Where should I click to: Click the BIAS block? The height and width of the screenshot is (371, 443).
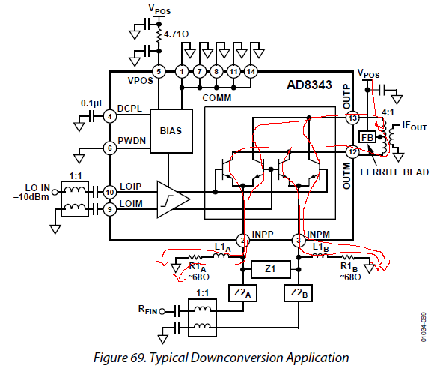(x=171, y=131)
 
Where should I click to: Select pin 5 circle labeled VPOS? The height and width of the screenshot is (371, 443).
(x=159, y=72)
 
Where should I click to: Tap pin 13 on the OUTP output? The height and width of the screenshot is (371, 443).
(x=352, y=118)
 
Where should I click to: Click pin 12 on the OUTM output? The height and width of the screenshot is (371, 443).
(x=352, y=152)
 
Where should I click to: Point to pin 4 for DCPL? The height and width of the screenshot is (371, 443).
(x=109, y=116)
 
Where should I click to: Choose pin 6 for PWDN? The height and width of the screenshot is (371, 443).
(x=109, y=148)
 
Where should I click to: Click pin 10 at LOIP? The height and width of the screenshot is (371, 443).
(x=109, y=193)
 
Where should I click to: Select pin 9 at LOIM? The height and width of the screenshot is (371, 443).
(x=109, y=209)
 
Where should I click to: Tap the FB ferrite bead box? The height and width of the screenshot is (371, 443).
(x=367, y=138)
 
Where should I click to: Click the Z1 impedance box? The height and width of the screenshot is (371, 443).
(x=271, y=269)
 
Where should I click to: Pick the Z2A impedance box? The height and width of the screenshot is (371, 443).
(x=242, y=293)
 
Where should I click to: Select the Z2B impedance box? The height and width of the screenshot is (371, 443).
(x=298, y=293)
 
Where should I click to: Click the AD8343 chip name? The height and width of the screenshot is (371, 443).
(x=309, y=85)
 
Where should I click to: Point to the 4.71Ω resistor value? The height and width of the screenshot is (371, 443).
(x=177, y=34)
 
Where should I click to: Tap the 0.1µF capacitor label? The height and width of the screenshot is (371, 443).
(x=92, y=103)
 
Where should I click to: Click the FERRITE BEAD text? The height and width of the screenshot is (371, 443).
(x=394, y=172)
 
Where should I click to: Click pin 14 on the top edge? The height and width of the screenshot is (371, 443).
(x=251, y=72)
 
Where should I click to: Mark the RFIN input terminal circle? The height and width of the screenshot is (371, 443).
(x=162, y=312)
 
